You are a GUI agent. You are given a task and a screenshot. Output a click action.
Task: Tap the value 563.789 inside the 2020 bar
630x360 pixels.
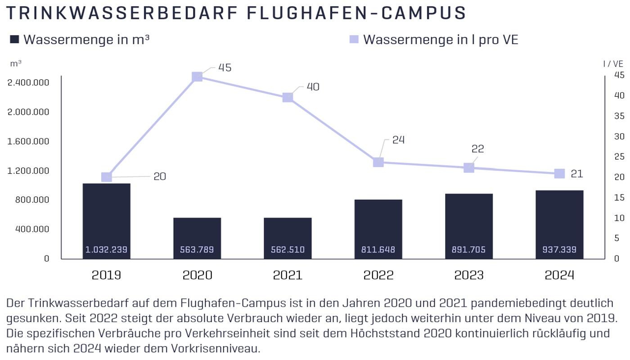pos(197,250)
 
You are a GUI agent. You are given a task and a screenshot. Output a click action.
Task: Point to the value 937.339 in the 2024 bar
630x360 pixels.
pos(559,250)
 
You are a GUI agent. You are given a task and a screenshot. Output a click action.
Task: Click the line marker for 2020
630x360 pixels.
pos(197,77)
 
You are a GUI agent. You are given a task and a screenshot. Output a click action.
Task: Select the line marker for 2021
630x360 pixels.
pos(288,98)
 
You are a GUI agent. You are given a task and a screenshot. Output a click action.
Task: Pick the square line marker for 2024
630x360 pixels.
pos(559,174)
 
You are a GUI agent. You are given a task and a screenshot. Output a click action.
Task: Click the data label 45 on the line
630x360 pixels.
pos(225,67)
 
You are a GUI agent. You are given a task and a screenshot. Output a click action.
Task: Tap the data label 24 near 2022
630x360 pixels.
pos(398,140)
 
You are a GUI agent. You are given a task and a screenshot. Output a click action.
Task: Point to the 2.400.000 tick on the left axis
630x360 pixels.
pos(28,83)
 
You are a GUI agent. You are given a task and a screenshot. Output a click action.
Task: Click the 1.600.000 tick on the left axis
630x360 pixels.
pos(28,141)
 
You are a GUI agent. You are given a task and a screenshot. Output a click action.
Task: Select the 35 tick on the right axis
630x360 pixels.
pos(619,116)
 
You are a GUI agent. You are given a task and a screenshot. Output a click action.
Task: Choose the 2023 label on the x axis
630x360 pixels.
pos(469,275)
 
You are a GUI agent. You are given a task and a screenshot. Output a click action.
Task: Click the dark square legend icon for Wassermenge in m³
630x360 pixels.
pos(14,40)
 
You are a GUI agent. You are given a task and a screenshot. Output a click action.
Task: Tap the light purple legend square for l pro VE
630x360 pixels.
pos(354,40)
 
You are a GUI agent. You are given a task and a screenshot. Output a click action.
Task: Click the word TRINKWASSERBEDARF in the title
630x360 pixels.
pos(121,13)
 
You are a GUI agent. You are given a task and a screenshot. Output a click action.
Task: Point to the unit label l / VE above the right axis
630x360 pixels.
pos(613,64)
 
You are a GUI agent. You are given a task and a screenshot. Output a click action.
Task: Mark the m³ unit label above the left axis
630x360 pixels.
pos(16,63)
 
